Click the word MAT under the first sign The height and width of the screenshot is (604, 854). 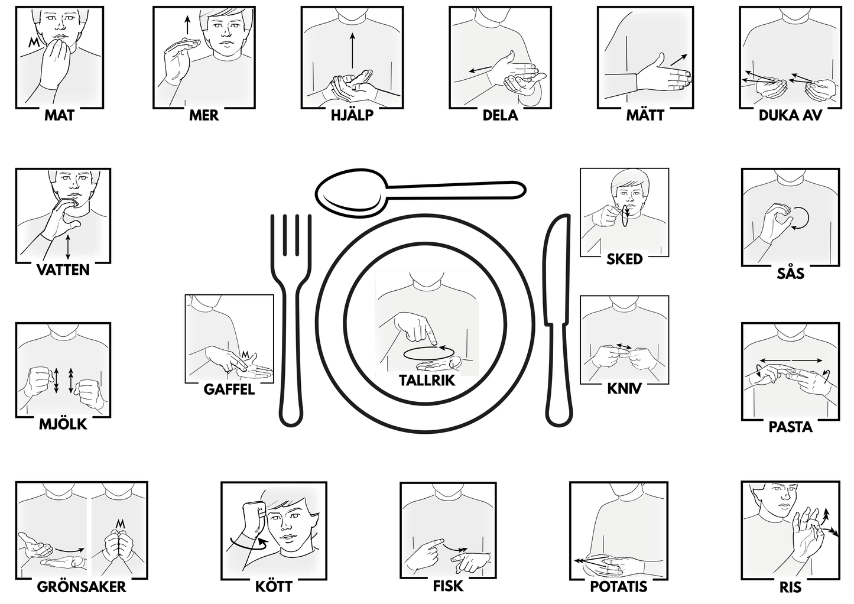pyautogui.click(x=59, y=115)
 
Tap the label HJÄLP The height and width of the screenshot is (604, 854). pyautogui.click(x=352, y=115)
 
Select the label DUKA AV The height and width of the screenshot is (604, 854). pyautogui.click(x=790, y=115)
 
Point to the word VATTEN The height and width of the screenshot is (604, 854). pyautogui.click(x=63, y=269)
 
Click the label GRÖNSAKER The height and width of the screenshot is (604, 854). pyautogui.click(x=82, y=587)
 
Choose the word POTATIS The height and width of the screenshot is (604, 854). pyautogui.click(x=618, y=586)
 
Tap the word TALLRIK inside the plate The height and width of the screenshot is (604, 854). pyautogui.click(x=427, y=380)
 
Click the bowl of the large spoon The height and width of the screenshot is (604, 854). pyautogui.click(x=350, y=190)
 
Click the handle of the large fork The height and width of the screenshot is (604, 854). pyautogui.click(x=291, y=362)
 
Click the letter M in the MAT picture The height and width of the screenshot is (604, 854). pyautogui.click(x=34, y=43)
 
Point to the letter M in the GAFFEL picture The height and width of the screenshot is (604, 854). pyautogui.click(x=245, y=355)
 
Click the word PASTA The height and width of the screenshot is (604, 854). pyautogui.click(x=790, y=427)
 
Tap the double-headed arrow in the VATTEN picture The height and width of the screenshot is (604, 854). pyautogui.click(x=68, y=247)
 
